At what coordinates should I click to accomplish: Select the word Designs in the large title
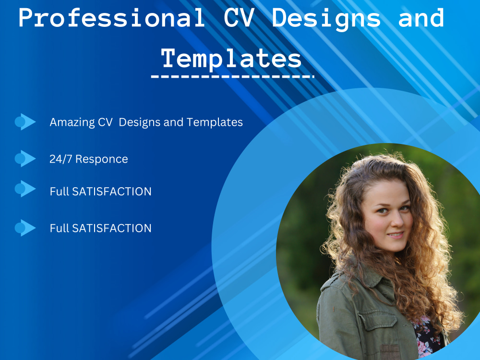click(326, 18)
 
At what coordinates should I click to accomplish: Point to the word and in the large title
click(421, 18)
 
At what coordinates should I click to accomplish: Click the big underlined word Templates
click(231, 59)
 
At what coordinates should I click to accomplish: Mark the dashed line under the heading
click(232, 76)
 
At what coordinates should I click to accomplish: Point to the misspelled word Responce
click(102, 159)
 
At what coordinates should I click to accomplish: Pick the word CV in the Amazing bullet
click(105, 122)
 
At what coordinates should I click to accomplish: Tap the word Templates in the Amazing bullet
click(215, 122)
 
